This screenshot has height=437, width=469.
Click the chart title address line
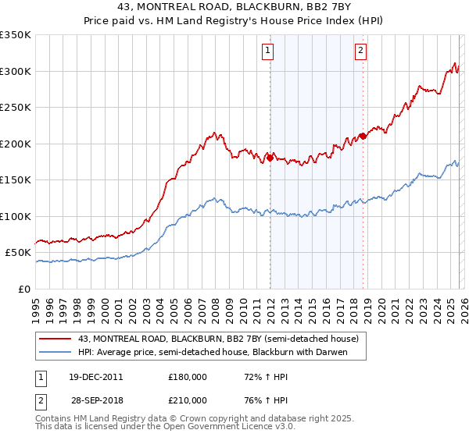pos(234,9)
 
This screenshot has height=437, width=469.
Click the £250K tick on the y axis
pos(16,108)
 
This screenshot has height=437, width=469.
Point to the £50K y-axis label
pos(18,253)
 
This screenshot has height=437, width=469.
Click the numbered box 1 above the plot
pos(268,52)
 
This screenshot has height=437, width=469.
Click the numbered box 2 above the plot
pos(361,52)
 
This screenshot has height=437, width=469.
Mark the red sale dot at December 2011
pos(270,158)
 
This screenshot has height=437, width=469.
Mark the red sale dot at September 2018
pos(363,137)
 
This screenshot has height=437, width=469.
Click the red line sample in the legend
pos(54,339)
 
